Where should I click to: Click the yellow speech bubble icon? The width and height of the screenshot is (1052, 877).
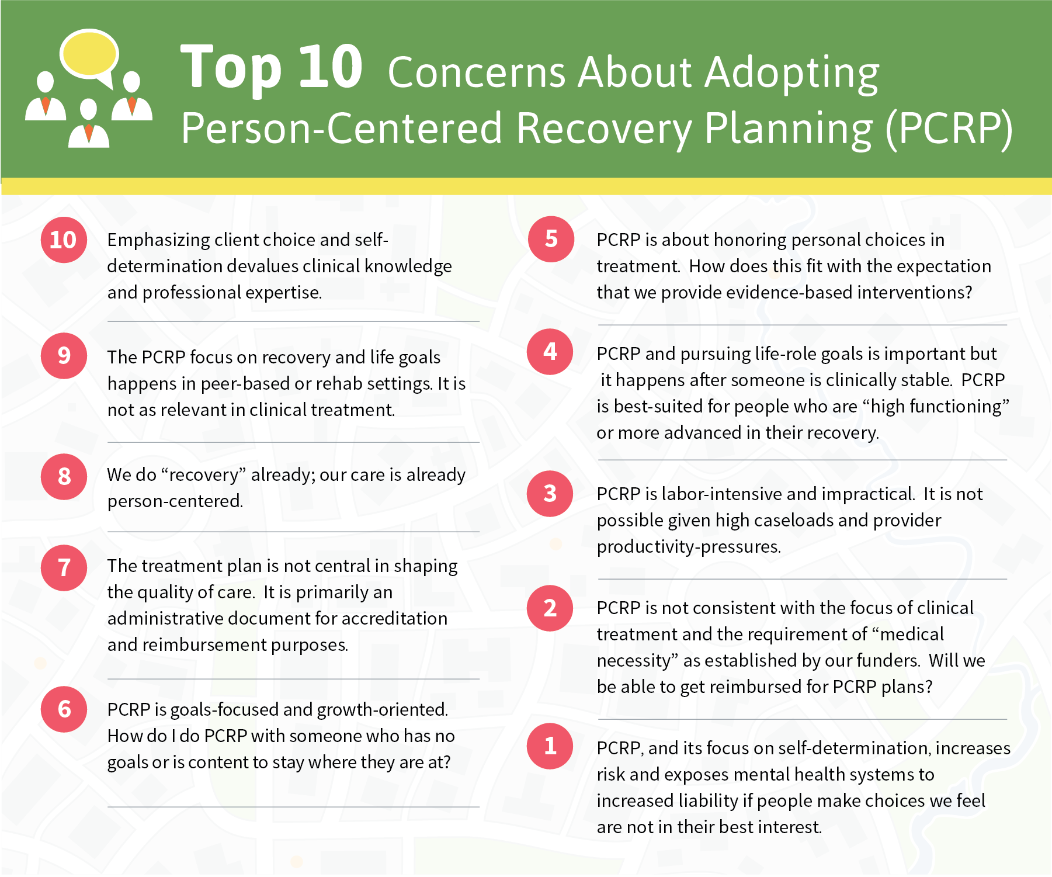pos(90,56)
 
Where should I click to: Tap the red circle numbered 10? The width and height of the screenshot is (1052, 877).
pos(64,240)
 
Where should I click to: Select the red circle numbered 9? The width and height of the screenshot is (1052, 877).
pos(64,355)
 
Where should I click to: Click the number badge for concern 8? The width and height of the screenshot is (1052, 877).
pos(64,476)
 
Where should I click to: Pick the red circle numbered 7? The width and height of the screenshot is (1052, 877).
pos(64,567)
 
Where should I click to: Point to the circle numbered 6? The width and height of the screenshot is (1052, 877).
pos(64,709)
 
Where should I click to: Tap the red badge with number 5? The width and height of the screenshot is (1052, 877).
pos(551,238)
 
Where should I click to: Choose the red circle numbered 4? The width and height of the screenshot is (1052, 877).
pos(550,351)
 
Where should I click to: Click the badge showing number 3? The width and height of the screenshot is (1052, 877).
pos(550,493)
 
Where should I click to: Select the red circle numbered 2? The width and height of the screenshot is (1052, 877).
pos(550,608)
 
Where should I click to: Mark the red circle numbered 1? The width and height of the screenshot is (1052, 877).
pos(550,746)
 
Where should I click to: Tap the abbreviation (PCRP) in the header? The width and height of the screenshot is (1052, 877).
pos(949,129)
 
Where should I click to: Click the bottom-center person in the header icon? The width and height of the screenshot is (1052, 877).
pos(89,123)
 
